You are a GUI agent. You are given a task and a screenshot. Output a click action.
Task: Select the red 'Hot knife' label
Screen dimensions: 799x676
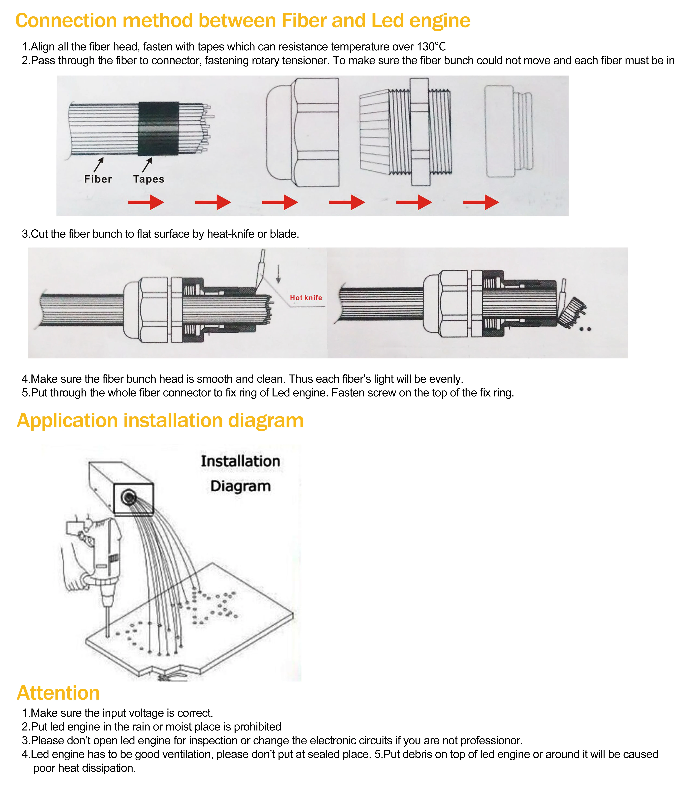click(306, 298)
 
